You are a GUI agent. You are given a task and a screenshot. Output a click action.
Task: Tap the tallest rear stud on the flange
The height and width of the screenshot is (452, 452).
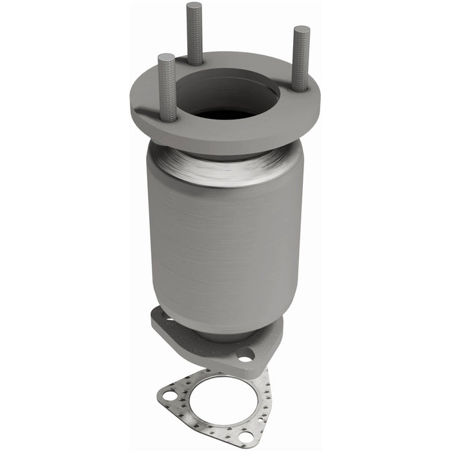(194, 32)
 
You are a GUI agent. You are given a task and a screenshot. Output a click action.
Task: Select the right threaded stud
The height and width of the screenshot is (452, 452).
(301, 58)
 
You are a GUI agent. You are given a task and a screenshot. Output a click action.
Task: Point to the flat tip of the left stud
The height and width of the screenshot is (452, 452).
(166, 57)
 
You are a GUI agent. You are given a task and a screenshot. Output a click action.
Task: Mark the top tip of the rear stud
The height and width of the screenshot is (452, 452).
(194, 6)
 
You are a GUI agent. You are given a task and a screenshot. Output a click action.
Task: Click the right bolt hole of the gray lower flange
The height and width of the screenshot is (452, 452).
(245, 354)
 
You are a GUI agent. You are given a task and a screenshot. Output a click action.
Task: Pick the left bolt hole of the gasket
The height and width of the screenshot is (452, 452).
(169, 395)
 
